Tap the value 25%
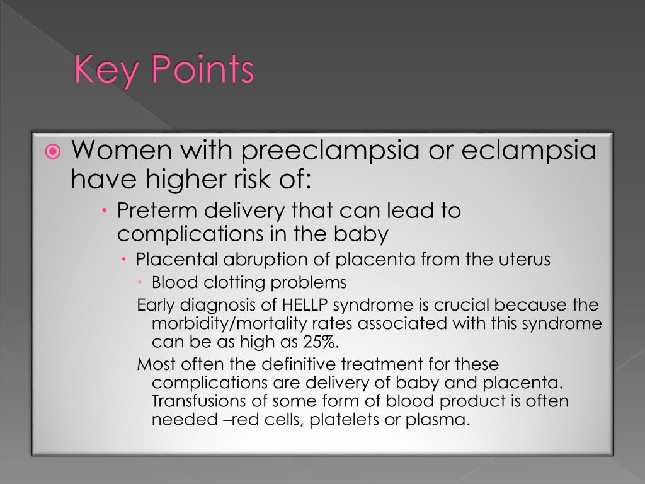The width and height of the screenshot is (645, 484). click(x=319, y=342)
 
